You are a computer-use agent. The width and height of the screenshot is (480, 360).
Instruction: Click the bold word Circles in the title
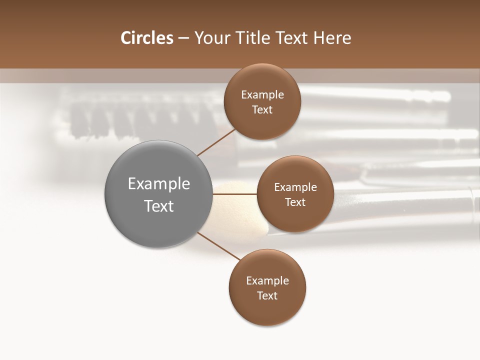pyautogui.click(x=146, y=38)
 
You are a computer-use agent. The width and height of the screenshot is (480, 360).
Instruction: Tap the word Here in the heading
pyautogui.click(x=332, y=38)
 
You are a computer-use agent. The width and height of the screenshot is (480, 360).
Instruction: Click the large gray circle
pyautogui.click(x=159, y=165)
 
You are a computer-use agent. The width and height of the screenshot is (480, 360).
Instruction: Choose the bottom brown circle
pyautogui.click(x=267, y=310)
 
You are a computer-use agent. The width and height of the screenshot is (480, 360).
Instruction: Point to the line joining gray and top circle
pyautogui.click(x=216, y=141)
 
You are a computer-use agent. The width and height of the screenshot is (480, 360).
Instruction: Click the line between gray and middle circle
pyautogui.click(x=234, y=194)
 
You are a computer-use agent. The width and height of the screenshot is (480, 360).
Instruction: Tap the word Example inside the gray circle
pyautogui.click(x=159, y=184)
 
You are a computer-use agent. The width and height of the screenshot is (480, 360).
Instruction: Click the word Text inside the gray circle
pyautogui.click(x=159, y=206)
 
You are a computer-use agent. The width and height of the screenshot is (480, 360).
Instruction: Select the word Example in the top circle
pyautogui.click(x=262, y=95)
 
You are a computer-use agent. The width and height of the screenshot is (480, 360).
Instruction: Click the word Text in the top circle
pyautogui.click(x=262, y=110)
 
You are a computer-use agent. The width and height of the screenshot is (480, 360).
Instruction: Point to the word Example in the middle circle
pyautogui.click(x=295, y=187)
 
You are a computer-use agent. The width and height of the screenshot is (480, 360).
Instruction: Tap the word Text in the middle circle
pyautogui.click(x=295, y=202)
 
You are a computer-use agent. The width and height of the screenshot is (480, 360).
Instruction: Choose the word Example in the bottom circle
pyautogui.click(x=267, y=281)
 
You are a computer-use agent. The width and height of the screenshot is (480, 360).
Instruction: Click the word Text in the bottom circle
pyautogui.click(x=267, y=296)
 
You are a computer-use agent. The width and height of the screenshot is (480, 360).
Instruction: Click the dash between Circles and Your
pyautogui.click(x=183, y=38)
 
